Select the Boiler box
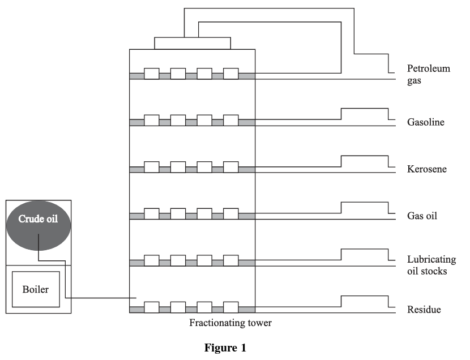(35, 289)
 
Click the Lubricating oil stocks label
(431, 265)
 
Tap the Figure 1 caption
(225, 349)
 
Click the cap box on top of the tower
(193, 44)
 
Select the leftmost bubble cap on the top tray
(151, 74)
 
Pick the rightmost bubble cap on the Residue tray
(230, 307)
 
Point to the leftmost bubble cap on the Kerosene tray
(151, 167)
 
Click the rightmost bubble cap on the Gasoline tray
(230, 120)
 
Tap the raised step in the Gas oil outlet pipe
(364, 203)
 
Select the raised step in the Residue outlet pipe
(364, 296)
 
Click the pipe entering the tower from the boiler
(102, 298)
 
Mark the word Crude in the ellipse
(29, 218)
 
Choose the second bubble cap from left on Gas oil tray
(178, 213)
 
